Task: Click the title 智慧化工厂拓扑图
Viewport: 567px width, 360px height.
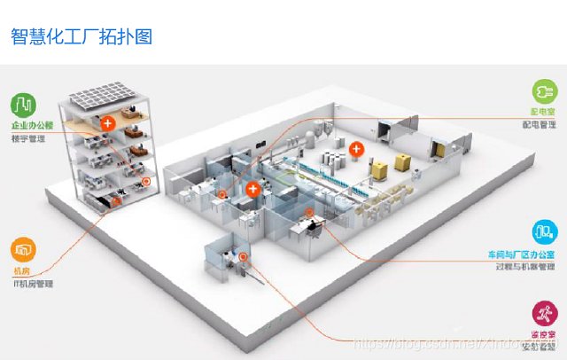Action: point(82,36)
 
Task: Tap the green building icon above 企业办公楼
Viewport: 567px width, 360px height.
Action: point(24,105)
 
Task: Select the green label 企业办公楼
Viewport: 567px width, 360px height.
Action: point(33,126)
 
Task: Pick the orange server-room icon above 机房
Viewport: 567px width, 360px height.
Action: point(24,249)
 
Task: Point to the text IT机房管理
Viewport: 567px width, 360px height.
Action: point(33,284)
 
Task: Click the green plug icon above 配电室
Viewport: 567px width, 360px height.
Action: point(543,91)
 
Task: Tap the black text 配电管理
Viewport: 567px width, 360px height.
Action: point(539,125)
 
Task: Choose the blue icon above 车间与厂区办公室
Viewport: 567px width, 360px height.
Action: point(543,233)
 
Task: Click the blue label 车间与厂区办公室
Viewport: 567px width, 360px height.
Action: point(522,254)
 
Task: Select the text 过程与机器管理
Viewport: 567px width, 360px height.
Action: point(525,267)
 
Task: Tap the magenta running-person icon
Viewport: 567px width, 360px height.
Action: point(543,313)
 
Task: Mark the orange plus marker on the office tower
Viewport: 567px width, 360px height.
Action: point(108,123)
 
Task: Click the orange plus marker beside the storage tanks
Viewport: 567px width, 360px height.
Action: point(356,148)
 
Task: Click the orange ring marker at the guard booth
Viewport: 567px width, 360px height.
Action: point(244,257)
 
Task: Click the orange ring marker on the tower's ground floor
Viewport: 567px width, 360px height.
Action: point(145,184)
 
